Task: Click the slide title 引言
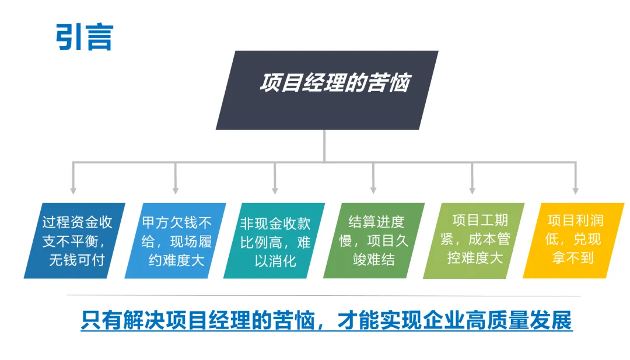click(84, 37)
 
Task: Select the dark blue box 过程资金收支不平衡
click(75, 240)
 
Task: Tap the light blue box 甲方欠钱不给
click(176, 240)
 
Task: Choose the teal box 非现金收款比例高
click(275, 240)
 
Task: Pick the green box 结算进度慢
click(374, 240)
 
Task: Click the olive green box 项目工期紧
click(474, 240)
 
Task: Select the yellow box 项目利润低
click(574, 240)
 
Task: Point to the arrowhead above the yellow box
click(575, 190)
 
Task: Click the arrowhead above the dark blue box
click(73, 190)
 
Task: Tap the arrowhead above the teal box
click(275, 190)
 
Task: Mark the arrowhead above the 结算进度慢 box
click(373, 190)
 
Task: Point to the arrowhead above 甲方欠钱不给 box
click(175, 190)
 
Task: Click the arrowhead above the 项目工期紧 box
click(473, 190)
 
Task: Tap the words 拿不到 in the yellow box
click(574, 257)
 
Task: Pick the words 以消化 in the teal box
click(275, 260)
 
